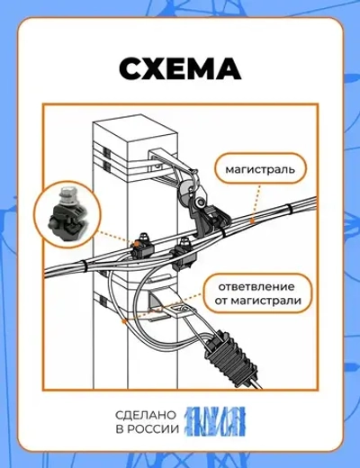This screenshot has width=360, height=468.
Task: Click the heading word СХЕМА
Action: [x=180, y=69]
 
